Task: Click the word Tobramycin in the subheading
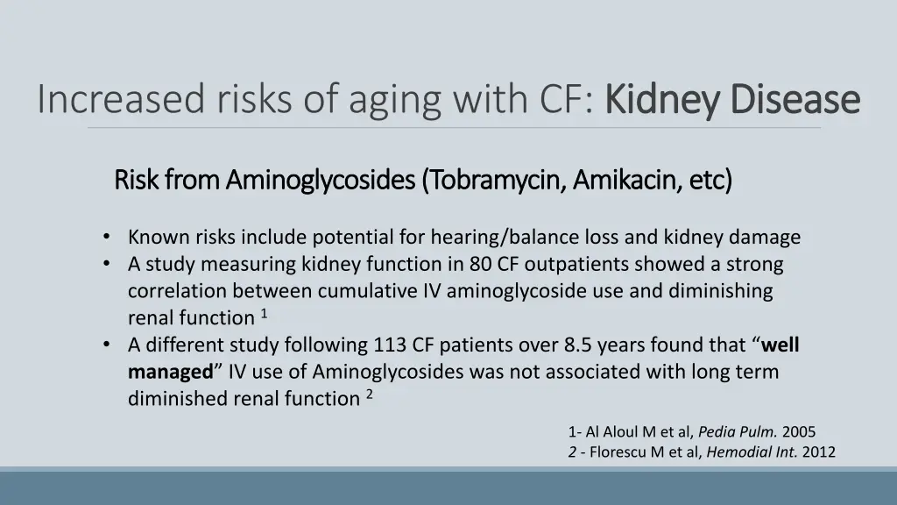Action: (497, 181)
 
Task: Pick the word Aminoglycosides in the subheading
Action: (321, 181)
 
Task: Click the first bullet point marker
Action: (106, 237)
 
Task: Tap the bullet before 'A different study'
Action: (106, 345)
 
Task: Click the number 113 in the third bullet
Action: (391, 345)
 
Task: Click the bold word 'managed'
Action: (171, 372)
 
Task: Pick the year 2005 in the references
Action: (799, 432)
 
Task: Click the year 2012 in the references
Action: (819, 452)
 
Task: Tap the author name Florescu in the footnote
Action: (618, 452)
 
